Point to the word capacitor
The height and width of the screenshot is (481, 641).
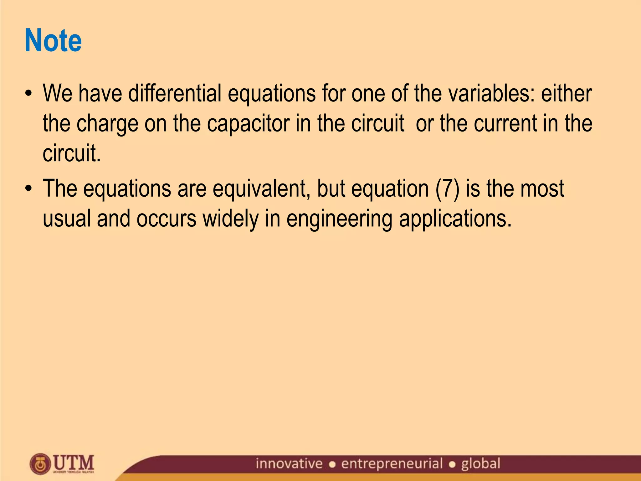[248, 124]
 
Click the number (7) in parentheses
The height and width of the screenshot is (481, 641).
[447, 189]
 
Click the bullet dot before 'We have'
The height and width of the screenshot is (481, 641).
[29, 94]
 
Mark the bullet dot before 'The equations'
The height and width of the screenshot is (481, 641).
[29, 189]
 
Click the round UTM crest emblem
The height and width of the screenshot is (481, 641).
[40, 464]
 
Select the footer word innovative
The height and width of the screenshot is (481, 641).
[289, 463]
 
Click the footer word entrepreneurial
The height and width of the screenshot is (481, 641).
[392, 464]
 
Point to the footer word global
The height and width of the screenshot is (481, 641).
[480, 464]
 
